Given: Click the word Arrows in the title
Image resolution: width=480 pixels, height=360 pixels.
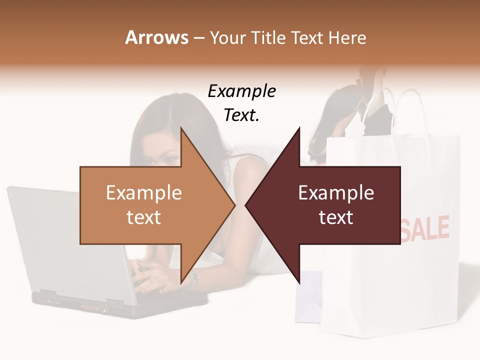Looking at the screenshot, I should pyautogui.click(x=156, y=37).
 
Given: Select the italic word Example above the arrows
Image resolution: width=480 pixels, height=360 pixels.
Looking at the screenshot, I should pyautogui.click(x=241, y=91).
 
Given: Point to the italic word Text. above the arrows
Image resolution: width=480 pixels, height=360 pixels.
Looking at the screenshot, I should pyautogui.click(x=241, y=115).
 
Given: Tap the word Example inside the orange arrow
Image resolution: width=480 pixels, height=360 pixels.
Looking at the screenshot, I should pyautogui.click(x=143, y=193).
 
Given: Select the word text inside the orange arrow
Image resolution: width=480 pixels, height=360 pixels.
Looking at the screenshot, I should pyautogui.click(x=143, y=217).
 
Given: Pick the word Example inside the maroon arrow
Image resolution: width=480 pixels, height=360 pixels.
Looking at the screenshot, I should pyautogui.click(x=336, y=193).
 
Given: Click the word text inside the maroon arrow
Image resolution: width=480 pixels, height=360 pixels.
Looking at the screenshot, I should pyautogui.click(x=336, y=217).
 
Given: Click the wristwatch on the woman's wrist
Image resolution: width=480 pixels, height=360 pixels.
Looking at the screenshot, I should pyautogui.click(x=192, y=281).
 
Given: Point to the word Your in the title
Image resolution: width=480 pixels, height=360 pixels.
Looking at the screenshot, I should pyautogui.click(x=227, y=37).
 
